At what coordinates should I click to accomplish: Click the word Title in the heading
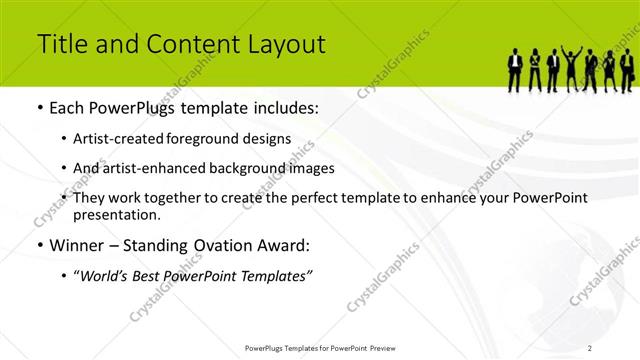tap(60, 44)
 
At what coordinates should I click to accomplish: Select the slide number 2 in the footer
tap(590, 347)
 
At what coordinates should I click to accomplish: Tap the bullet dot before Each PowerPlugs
tap(39, 108)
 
